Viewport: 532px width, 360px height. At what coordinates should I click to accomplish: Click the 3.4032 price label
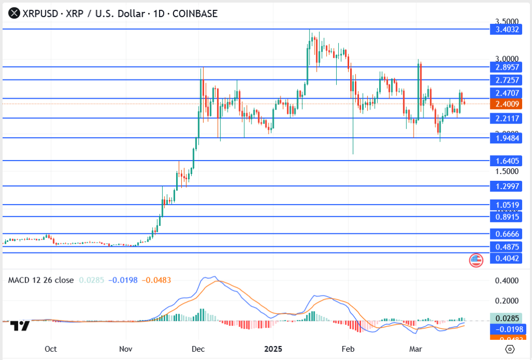[506, 30]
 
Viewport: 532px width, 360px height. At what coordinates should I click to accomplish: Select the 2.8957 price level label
[506, 67]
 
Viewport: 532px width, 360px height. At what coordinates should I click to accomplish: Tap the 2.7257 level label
[506, 80]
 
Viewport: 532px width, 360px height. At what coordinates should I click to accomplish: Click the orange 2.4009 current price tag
[506, 104]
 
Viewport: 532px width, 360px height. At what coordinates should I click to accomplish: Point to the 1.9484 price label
[506, 138]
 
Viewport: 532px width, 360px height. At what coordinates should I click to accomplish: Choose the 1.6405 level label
[506, 161]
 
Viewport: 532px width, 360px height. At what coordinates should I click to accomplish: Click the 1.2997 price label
[506, 186]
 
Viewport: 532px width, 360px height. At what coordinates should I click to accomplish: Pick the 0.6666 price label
[506, 234]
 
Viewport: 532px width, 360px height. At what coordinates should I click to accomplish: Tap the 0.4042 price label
[506, 258]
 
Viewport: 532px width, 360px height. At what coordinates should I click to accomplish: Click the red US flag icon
[476, 260]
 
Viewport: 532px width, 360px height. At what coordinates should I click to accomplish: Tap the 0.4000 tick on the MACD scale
[507, 281]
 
